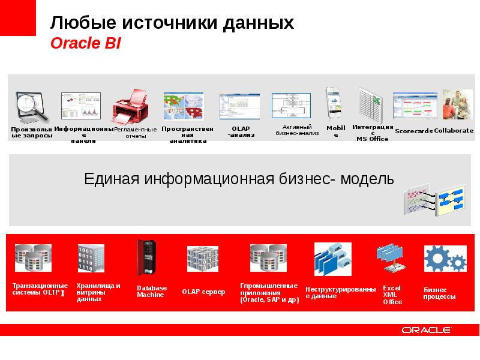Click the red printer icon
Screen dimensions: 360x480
point(130,107)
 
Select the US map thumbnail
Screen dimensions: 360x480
point(184,107)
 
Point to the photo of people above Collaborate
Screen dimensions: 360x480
point(457,104)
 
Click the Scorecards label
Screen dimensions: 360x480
point(413,131)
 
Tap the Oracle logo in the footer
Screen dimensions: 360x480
point(426,330)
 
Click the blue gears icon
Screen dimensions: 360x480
point(445,259)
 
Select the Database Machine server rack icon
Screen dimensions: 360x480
point(146,258)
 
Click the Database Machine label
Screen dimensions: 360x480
point(152,292)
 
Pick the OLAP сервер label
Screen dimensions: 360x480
point(204,292)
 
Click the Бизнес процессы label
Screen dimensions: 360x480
point(440,293)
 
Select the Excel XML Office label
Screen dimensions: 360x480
point(392,295)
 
